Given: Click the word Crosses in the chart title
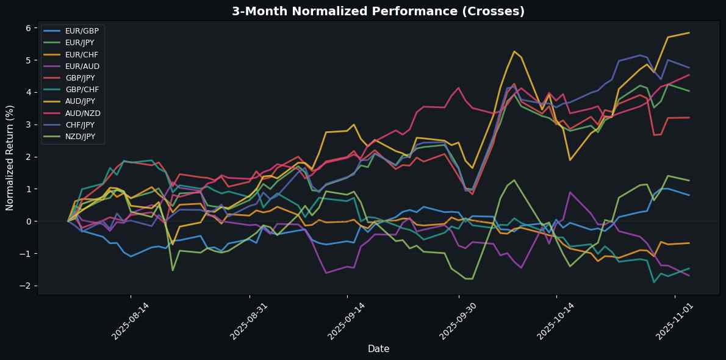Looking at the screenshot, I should click(x=495, y=11).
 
